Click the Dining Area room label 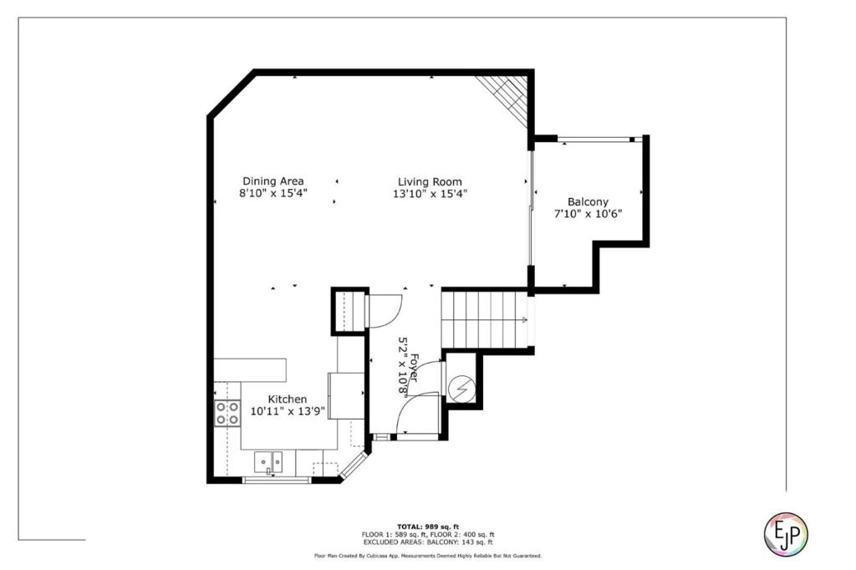pyautogui.click(x=273, y=181)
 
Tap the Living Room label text pyautogui.click(x=430, y=182)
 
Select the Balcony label pyautogui.click(x=588, y=202)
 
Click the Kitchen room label pyautogui.click(x=288, y=400)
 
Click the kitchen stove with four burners pyautogui.click(x=227, y=413)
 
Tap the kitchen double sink pyautogui.click(x=268, y=462)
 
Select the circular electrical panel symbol pyautogui.click(x=461, y=389)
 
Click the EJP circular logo pyautogui.click(x=786, y=534)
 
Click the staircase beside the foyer pyautogui.click(x=485, y=319)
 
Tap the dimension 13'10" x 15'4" pyautogui.click(x=430, y=193)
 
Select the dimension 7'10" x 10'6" pyautogui.click(x=588, y=214)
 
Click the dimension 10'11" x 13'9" pyautogui.click(x=288, y=411)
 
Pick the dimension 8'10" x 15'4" pyautogui.click(x=273, y=193)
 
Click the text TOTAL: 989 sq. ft pyautogui.click(x=428, y=527)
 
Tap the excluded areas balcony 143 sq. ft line pyautogui.click(x=428, y=542)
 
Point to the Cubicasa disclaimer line pyautogui.click(x=428, y=556)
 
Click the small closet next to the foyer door pyautogui.click(x=350, y=311)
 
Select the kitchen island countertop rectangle pyautogui.click(x=250, y=370)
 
